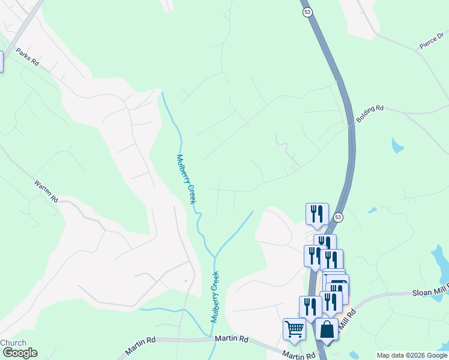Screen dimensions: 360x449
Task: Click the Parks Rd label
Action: [27, 57]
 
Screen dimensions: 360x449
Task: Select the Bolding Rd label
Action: [369, 113]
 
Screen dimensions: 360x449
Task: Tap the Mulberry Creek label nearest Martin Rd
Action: [214, 297]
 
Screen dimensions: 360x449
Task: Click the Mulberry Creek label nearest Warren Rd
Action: [186, 179]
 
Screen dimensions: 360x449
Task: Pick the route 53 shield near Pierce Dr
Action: [307, 13]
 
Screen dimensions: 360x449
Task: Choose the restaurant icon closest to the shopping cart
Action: [310, 306]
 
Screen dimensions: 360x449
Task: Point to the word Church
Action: [13, 343]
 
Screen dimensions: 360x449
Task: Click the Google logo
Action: [19, 353]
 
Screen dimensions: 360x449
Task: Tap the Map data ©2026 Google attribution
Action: [412, 355]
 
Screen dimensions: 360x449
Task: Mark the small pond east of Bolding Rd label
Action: [397, 145]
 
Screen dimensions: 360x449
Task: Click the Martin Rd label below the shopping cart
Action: [299, 355]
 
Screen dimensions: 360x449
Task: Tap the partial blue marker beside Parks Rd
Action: [1, 61]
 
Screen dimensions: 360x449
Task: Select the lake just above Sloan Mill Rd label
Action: [440, 261]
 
